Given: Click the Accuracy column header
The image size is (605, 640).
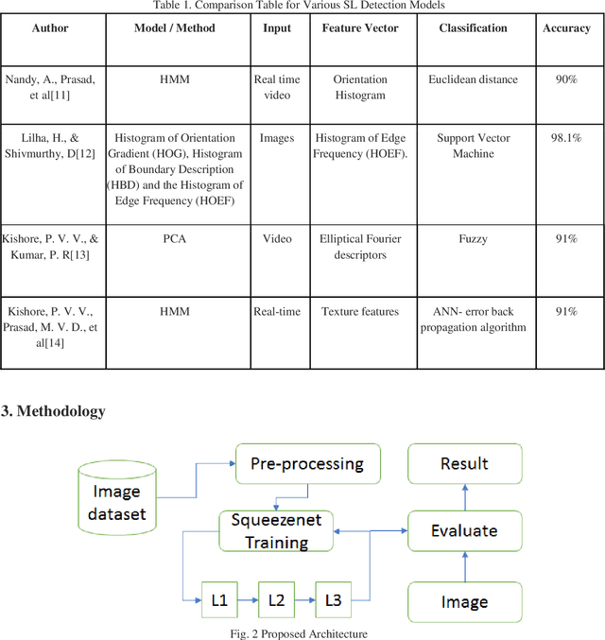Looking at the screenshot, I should click(566, 28).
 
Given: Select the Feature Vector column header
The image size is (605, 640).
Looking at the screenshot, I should click(360, 28).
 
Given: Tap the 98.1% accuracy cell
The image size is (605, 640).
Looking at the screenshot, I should click(566, 138).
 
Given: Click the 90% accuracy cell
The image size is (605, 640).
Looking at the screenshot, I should click(566, 79).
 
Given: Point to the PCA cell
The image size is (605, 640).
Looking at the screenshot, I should click(174, 239).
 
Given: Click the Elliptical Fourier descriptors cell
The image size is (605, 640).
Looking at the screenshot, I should click(360, 247).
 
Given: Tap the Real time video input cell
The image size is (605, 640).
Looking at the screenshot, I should click(277, 87).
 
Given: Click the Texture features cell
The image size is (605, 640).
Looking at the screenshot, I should click(360, 311).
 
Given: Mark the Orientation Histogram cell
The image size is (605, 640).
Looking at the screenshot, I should click(360, 87).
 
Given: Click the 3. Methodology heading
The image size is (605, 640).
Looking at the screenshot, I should click(53, 411).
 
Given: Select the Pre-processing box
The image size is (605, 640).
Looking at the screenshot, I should click(306, 463).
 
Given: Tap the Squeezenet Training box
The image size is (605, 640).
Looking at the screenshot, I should click(277, 530).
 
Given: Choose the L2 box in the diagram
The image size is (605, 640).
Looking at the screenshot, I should click(276, 600).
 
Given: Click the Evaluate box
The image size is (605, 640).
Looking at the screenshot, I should click(464, 530).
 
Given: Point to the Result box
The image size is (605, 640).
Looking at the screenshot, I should click(464, 463).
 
